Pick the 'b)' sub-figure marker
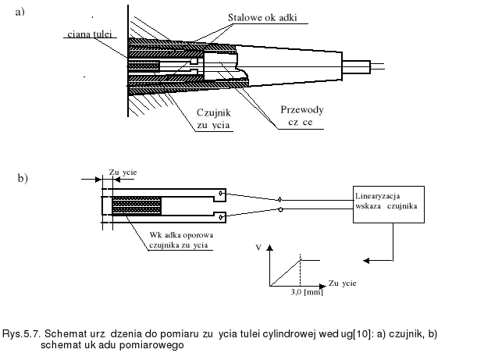click(x=23, y=179)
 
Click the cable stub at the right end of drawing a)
click(x=371, y=68)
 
